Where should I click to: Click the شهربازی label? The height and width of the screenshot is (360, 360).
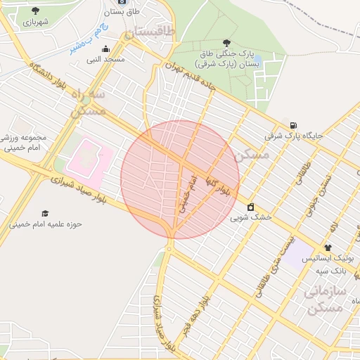click(x=35, y=22)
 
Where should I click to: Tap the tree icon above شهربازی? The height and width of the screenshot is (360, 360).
click(x=35, y=11)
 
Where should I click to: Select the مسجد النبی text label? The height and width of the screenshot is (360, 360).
click(x=105, y=60)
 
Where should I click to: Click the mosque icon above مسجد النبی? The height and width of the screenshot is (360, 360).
click(x=105, y=49)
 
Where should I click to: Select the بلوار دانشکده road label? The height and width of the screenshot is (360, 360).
click(x=58, y=83)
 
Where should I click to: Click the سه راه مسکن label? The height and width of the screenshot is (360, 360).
click(x=90, y=102)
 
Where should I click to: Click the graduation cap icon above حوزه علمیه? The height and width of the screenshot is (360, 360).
click(x=46, y=213)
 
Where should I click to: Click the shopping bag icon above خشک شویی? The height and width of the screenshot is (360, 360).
click(x=250, y=207)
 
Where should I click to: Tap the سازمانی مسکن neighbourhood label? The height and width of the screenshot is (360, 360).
click(x=325, y=299)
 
